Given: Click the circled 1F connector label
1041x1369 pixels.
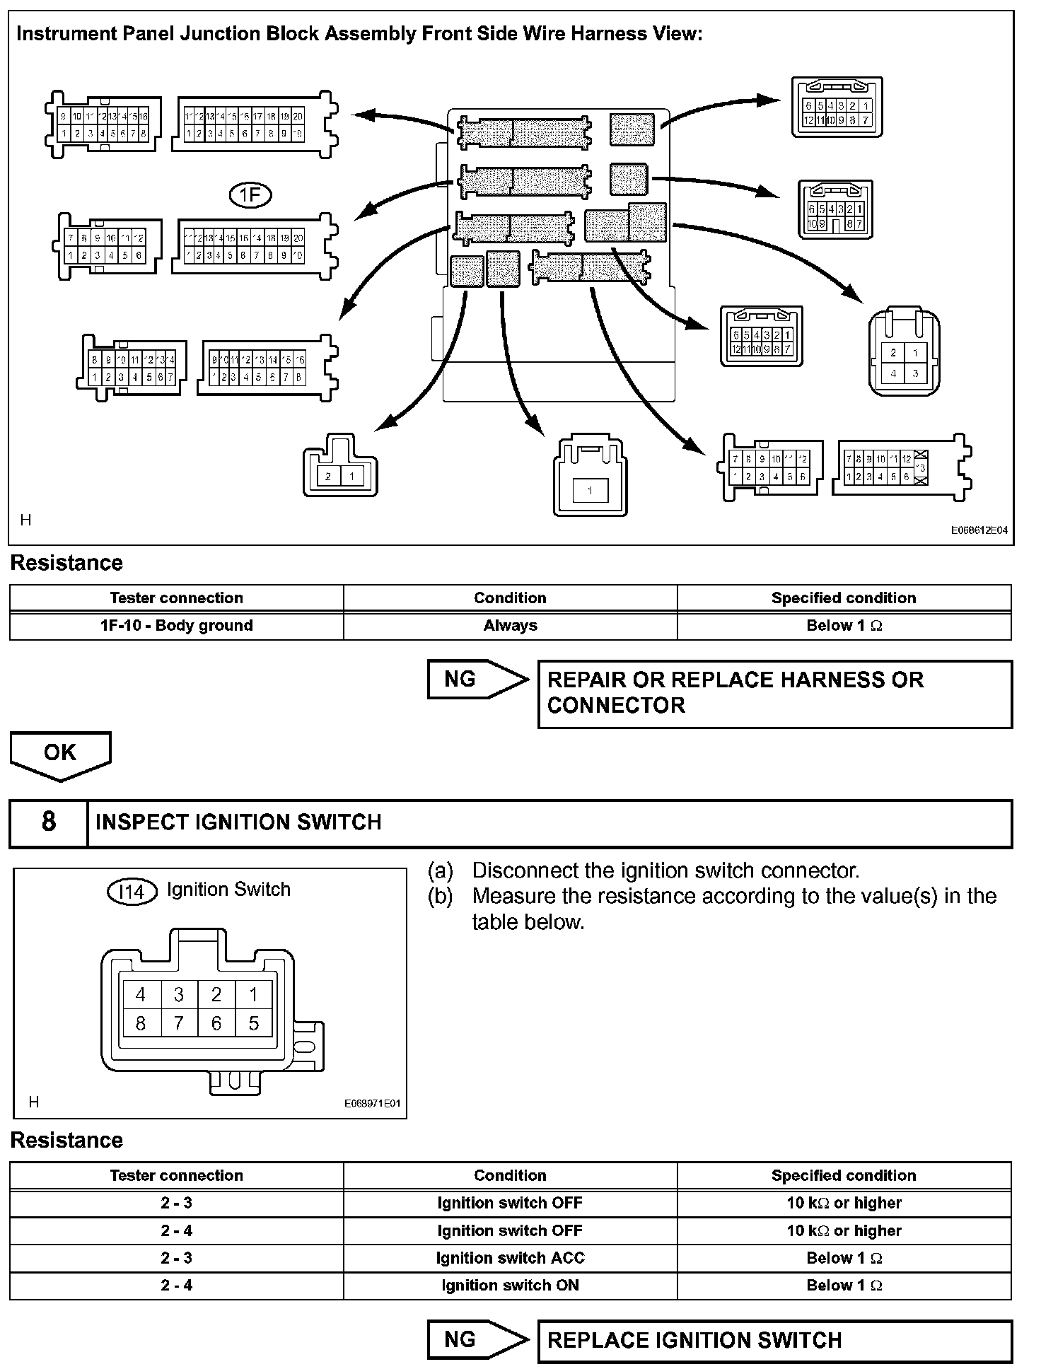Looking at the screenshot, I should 250,194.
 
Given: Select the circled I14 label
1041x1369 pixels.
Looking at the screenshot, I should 132,892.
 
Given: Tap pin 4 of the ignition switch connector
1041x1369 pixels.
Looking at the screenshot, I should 141,995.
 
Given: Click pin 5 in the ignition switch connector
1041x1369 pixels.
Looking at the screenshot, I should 254,1023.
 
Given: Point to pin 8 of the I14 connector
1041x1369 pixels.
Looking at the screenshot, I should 141,1023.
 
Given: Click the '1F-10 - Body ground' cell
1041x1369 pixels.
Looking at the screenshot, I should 176,626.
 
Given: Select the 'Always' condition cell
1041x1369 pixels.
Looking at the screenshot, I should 510,626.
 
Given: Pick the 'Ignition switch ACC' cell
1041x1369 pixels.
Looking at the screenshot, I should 510,1258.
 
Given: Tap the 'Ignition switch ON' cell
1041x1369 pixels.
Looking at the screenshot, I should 510,1286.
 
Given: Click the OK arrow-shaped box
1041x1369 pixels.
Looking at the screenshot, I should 60,754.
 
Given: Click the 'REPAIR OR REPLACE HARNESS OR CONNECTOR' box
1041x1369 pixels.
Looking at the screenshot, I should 774,693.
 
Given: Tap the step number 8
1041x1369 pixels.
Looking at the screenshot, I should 48,822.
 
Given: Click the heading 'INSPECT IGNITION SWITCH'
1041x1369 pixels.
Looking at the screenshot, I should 238,822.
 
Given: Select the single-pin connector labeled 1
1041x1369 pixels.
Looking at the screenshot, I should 590,479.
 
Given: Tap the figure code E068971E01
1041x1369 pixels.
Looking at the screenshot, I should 372,1103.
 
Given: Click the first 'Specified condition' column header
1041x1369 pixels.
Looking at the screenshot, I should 844,598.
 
